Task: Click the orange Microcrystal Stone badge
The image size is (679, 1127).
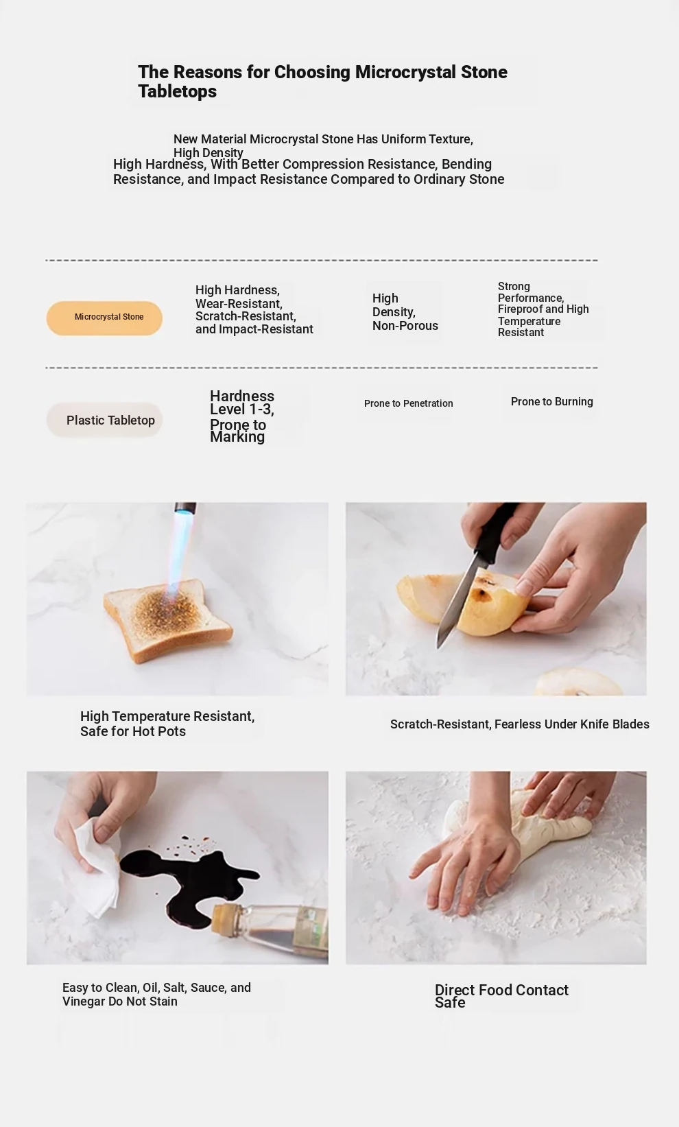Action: [x=104, y=318]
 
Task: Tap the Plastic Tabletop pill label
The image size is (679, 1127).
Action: [x=104, y=420]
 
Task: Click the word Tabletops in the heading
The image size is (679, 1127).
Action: [x=177, y=91]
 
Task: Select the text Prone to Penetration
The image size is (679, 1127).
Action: [x=408, y=403]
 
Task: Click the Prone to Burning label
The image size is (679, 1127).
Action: [x=551, y=401]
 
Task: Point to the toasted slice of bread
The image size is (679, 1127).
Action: [x=167, y=619]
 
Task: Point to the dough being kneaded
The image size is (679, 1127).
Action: [x=523, y=825]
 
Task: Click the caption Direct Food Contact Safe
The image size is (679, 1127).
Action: [x=501, y=996]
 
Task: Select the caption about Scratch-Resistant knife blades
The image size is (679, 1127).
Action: [x=520, y=724]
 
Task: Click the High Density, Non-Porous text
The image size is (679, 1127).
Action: [x=405, y=312]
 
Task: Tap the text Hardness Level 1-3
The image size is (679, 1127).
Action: [x=242, y=403]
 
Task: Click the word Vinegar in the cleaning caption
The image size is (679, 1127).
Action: [x=83, y=1001]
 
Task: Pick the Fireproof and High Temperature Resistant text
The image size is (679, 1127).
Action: [x=543, y=320]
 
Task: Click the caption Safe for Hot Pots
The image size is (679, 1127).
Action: [x=133, y=731]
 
